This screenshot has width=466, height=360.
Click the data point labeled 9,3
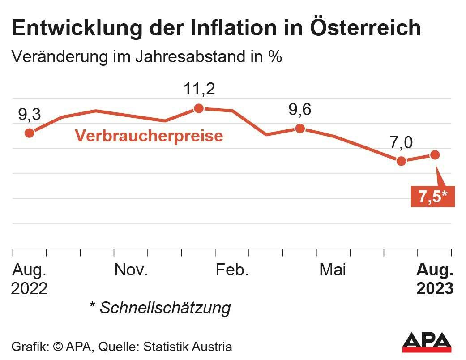pos(30,133)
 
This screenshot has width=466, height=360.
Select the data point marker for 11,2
pos(199,108)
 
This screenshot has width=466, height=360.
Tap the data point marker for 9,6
pos(300,129)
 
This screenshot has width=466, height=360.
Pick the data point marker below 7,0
pos(401,161)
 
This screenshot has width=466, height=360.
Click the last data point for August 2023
pos(435,154)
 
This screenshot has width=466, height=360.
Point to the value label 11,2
pos(199,89)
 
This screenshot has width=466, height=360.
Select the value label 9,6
pos(300,109)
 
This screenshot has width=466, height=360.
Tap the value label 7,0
pos(401,142)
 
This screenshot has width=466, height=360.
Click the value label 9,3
pos(30,115)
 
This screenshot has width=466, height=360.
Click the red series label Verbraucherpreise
pos(149,136)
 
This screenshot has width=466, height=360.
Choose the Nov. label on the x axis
pos(131,270)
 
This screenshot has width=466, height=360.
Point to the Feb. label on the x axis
pos(232,270)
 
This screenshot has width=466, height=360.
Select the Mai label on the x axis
pos(333,270)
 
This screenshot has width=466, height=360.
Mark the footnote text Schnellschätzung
pos(165,308)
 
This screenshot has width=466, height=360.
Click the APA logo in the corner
pos(426,343)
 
